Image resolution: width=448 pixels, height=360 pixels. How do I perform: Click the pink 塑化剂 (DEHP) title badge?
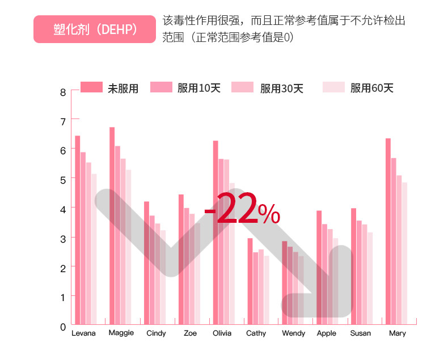(x=94, y=29)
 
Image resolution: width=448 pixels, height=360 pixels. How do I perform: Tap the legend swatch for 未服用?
(x=91, y=87)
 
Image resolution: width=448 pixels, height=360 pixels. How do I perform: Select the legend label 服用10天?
(x=198, y=88)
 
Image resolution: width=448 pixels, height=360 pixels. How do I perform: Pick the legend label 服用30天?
(x=282, y=88)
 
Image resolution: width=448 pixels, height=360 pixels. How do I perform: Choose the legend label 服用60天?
(x=371, y=88)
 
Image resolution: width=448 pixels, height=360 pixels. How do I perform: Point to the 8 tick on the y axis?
(x=63, y=92)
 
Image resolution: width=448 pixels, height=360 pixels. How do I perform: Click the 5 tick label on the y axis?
(x=63, y=179)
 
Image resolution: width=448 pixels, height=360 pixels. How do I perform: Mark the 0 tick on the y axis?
(x=63, y=327)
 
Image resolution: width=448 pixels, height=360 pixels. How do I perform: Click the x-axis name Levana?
(x=84, y=333)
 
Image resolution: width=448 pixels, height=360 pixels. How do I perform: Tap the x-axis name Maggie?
(x=121, y=333)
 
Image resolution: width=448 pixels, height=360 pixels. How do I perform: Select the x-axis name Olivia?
(x=222, y=333)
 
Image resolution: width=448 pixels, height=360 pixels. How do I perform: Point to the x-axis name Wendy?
(x=293, y=333)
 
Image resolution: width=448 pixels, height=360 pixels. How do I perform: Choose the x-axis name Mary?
(x=398, y=333)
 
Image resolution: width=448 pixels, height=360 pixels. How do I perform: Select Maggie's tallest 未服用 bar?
(x=112, y=227)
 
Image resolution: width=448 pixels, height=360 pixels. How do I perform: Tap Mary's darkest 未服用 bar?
(x=388, y=232)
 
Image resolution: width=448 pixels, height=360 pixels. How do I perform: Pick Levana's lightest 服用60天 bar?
(x=94, y=249)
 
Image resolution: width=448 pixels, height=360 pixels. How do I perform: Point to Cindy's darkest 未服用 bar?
(x=146, y=264)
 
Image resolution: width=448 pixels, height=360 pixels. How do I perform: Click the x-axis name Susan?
(x=361, y=333)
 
